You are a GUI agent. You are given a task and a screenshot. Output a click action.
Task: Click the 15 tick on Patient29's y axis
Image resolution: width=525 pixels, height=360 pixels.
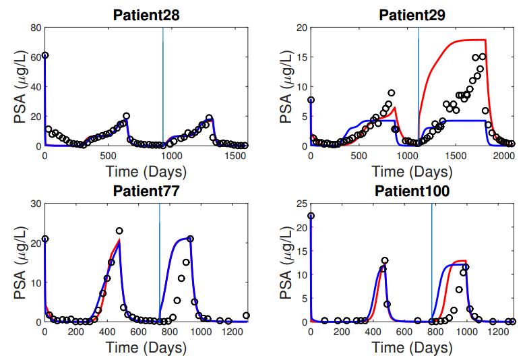click(301, 57)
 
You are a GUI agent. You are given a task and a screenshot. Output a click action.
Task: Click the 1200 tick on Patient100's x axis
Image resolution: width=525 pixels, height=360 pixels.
click(497, 332)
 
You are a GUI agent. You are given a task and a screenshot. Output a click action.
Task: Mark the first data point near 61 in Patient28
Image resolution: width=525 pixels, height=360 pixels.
click(44, 55)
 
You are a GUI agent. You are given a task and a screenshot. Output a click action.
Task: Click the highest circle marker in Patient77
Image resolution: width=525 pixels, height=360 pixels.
click(119, 231)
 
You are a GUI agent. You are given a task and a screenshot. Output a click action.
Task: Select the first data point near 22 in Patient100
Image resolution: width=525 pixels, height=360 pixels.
click(311, 216)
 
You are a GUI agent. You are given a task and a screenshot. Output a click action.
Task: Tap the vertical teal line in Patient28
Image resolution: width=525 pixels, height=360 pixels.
click(162, 88)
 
